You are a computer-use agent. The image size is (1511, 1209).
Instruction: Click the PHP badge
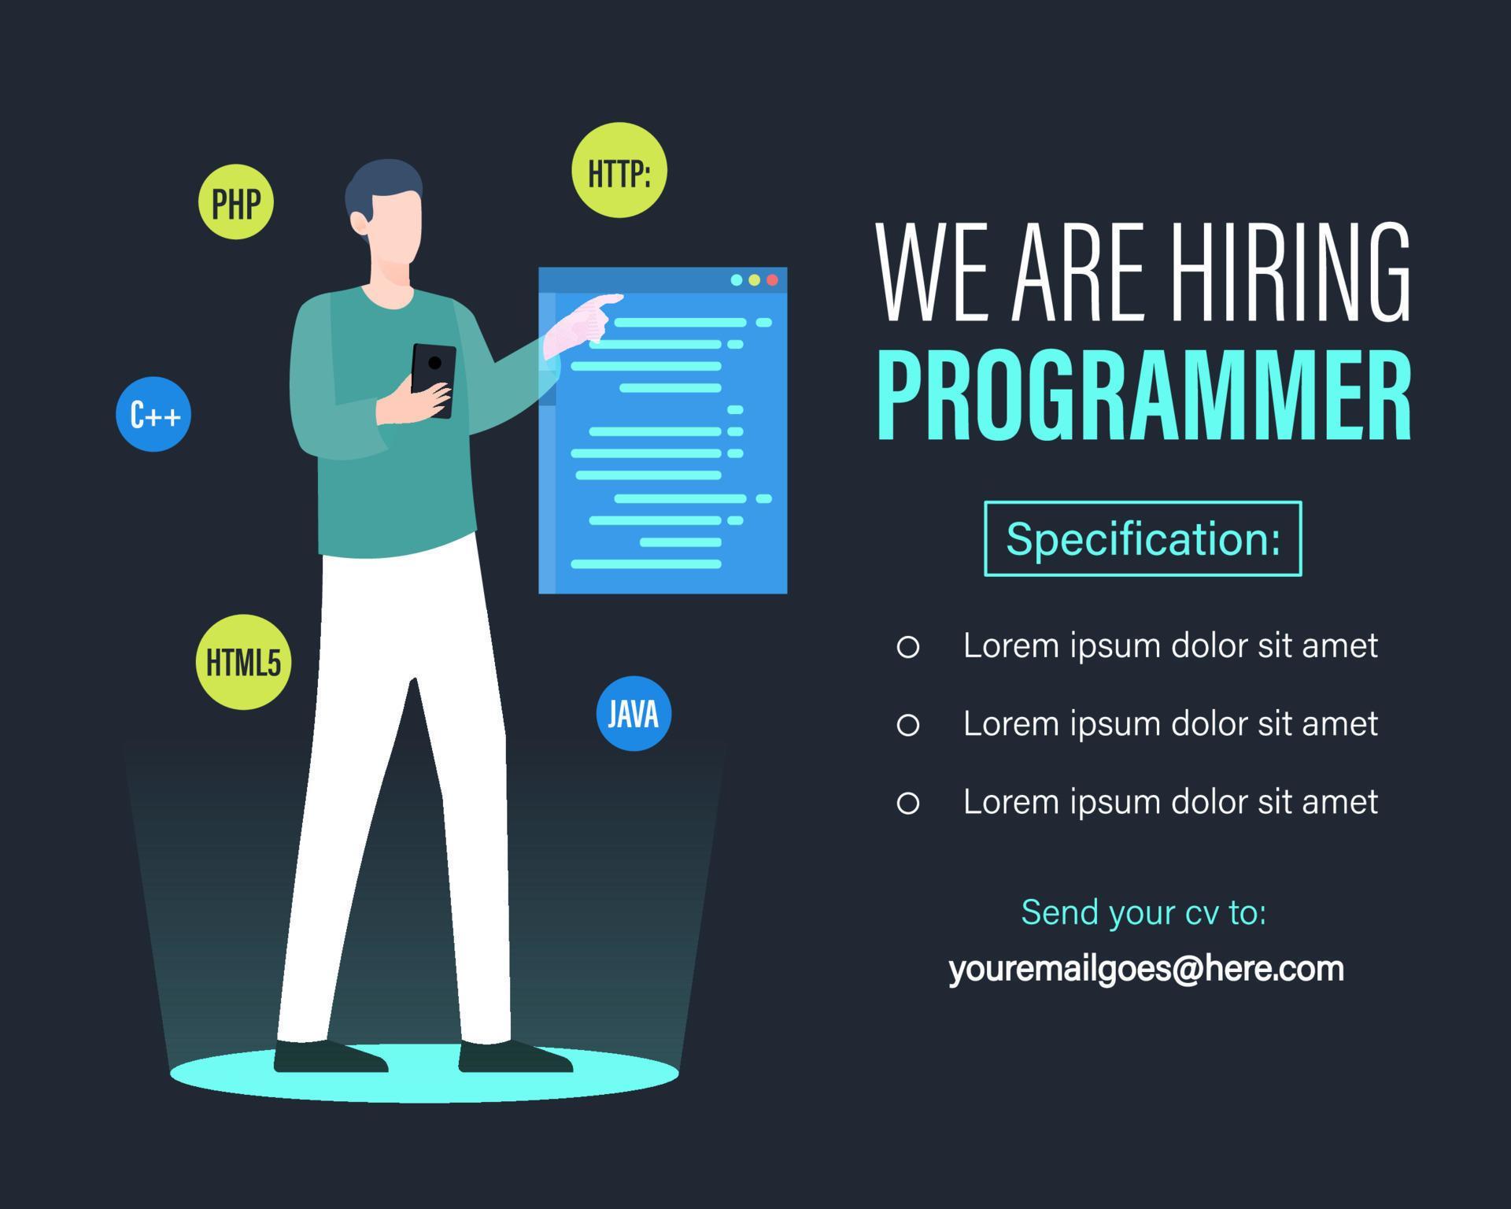pos(235,202)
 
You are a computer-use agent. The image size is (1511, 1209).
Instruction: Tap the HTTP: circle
pos(619,170)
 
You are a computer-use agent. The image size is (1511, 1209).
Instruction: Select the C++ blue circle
pos(153,414)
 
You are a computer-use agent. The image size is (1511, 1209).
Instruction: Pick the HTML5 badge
pos(243,662)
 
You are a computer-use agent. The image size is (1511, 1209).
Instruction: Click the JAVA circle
pos(634,713)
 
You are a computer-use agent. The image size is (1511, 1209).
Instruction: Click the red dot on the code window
pos(772,280)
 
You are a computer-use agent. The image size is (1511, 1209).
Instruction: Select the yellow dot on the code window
pos(754,280)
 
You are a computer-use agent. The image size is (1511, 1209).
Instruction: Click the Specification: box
pos(1143,539)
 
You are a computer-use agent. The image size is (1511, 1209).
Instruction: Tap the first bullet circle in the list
pos(908,647)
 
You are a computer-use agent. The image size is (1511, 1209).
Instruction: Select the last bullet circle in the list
pos(908,803)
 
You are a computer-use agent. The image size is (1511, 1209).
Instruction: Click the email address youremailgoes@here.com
pos(1146,969)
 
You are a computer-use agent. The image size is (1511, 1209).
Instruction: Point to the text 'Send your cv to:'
pos(1143,912)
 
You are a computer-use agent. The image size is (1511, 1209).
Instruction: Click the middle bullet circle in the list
pos(908,725)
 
